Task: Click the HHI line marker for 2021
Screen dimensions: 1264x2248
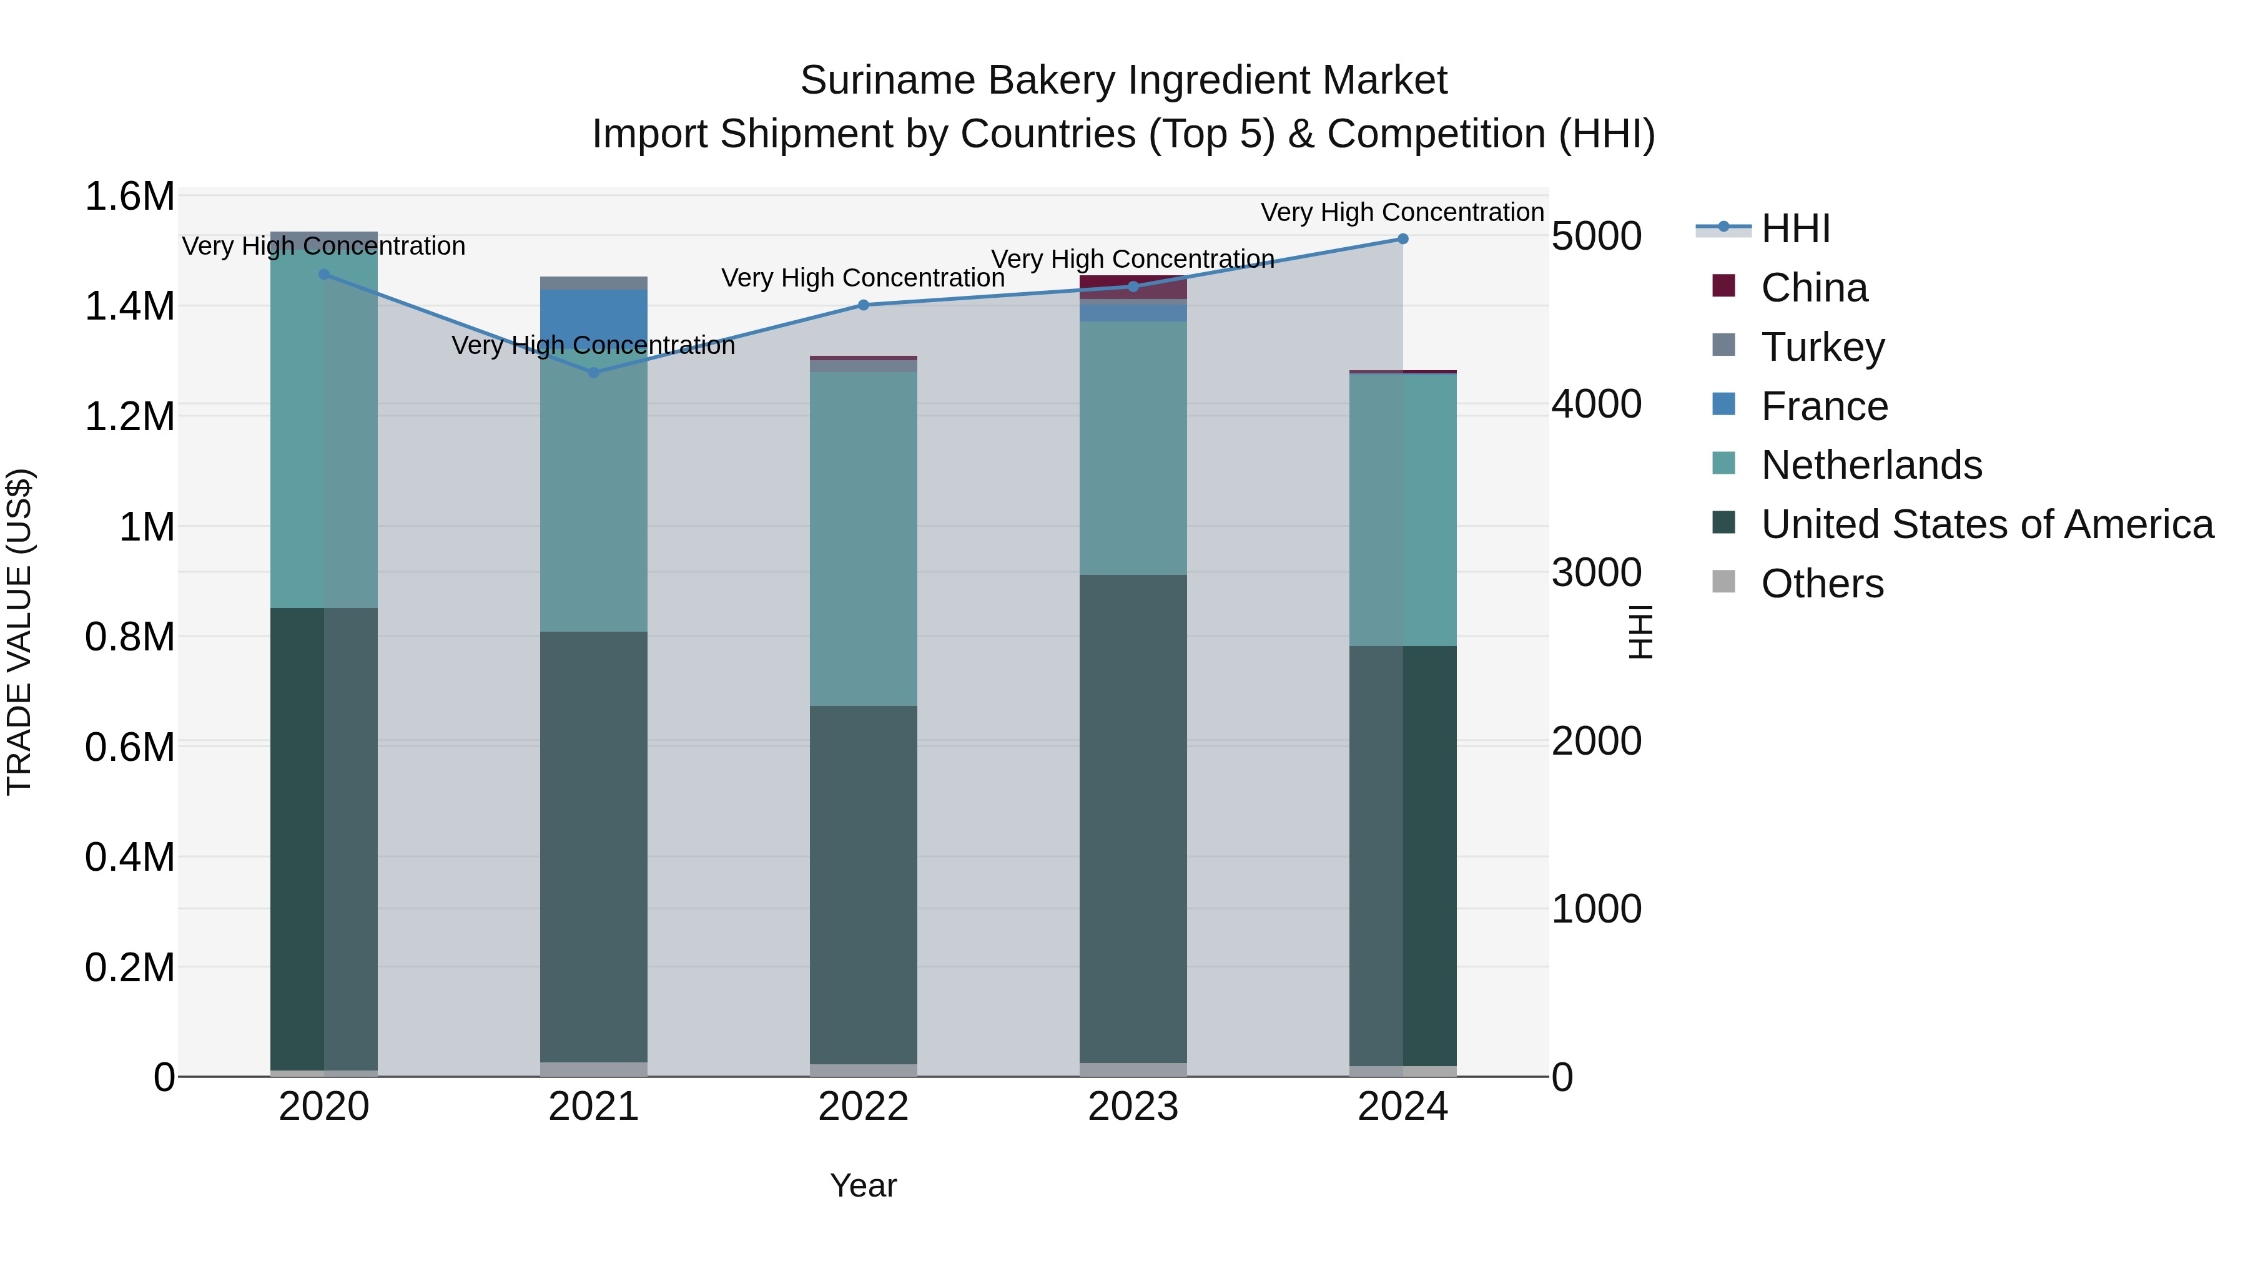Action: click(x=593, y=373)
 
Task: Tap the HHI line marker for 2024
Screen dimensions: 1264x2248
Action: click(x=1403, y=239)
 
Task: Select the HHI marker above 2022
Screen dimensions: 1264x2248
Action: click(x=863, y=305)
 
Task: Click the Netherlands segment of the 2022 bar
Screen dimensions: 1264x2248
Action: click(x=863, y=539)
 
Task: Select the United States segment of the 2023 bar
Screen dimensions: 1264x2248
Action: click(x=1133, y=818)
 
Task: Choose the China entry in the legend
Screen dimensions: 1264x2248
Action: click(x=1813, y=288)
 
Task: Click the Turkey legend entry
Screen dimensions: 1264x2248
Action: click(x=1822, y=347)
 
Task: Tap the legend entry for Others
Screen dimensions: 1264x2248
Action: click(x=1822, y=584)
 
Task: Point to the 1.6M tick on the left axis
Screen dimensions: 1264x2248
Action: click(x=129, y=196)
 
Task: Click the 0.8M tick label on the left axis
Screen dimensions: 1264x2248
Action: click(x=129, y=637)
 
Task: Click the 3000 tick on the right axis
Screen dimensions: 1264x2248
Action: click(x=1596, y=572)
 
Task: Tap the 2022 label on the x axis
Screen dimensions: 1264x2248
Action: click(x=863, y=1107)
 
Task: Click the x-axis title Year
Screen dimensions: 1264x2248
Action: click(x=863, y=1185)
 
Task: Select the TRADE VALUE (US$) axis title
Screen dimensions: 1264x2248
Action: click(x=19, y=632)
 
